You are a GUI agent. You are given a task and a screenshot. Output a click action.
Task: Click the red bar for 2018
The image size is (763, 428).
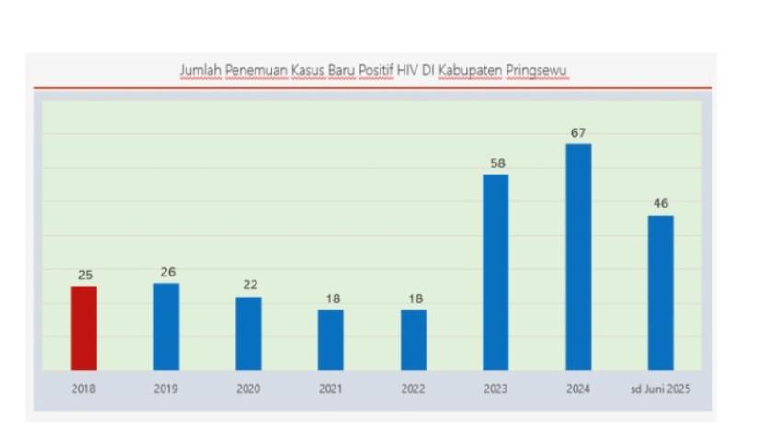(x=84, y=328)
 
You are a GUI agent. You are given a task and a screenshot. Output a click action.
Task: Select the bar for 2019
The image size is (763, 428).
(x=166, y=326)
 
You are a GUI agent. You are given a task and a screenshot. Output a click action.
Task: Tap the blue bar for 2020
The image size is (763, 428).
(x=248, y=333)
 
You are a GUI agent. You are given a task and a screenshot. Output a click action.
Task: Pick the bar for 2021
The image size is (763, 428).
(x=331, y=340)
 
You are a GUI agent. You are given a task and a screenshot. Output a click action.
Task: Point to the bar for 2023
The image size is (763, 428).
(x=495, y=272)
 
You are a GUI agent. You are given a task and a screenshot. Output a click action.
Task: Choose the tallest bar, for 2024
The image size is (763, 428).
(x=578, y=257)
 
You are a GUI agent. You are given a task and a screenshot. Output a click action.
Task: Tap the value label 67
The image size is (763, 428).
(x=578, y=133)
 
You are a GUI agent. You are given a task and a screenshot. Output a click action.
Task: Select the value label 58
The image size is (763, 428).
(x=496, y=163)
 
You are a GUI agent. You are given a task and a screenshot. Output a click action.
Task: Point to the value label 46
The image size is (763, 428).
(x=660, y=204)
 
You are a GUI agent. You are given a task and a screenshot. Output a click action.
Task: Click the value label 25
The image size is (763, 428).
(x=85, y=275)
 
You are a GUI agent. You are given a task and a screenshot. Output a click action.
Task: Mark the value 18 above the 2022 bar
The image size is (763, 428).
(x=414, y=298)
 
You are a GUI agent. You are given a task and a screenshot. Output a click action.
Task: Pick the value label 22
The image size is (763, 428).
(x=249, y=285)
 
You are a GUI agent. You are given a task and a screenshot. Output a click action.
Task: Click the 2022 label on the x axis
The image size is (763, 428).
(x=414, y=389)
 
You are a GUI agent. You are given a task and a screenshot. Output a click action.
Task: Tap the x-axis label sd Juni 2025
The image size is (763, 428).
(x=660, y=389)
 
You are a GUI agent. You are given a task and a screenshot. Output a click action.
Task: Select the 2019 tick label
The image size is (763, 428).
(x=166, y=389)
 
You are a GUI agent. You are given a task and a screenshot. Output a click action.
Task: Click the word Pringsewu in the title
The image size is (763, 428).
(x=538, y=72)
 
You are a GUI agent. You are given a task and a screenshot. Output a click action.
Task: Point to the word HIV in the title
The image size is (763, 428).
(x=408, y=71)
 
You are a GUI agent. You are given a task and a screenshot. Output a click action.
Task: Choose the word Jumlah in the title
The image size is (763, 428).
(x=199, y=71)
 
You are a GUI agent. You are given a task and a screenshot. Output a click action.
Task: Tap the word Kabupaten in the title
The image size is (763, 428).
(x=473, y=72)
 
